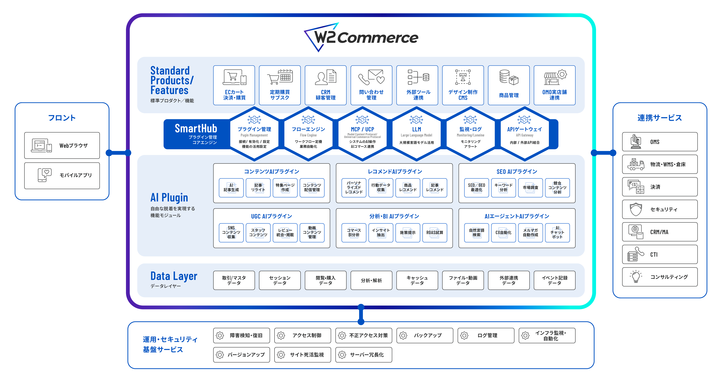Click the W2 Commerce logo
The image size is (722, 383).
361,37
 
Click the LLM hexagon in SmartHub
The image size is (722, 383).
416,134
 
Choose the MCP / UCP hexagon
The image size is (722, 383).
362,134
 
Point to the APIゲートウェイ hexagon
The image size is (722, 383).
524,134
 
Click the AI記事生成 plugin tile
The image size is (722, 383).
231,188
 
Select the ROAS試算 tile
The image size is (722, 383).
435,233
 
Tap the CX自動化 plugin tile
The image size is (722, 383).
503,233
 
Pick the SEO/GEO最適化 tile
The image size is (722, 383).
476,188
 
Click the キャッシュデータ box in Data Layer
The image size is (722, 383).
417,280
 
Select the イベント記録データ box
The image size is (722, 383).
554,280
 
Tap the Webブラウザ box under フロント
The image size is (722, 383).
62,145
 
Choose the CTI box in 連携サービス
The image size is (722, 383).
660,254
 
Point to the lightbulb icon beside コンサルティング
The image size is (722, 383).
636,277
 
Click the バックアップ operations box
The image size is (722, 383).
425,335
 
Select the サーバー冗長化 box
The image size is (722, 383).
363,355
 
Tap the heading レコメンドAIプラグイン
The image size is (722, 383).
395,171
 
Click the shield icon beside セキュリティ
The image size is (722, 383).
636,209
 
